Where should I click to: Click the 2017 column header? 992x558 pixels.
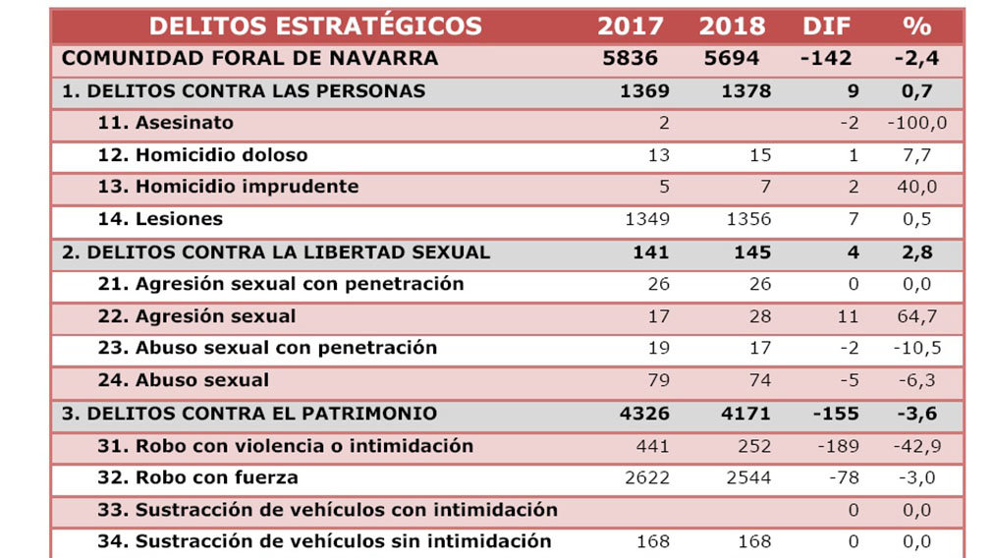click(630, 26)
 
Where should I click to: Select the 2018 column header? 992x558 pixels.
click(732, 26)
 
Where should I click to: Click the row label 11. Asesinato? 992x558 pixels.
click(166, 123)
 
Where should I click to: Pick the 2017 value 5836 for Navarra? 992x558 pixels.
click(630, 58)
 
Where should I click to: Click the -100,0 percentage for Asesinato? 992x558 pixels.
click(916, 123)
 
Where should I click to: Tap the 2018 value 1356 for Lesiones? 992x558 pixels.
click(747, 219)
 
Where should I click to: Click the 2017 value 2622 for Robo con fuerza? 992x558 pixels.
click(647, 478)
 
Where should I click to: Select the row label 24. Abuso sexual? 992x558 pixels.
click(184, 380)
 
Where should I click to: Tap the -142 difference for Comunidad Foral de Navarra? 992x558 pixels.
click(826, 58)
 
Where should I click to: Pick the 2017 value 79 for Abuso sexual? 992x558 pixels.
click(658, 380)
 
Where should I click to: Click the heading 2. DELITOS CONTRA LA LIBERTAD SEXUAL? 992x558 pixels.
click(276, 251)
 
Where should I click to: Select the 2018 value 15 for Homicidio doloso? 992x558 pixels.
click(759, 155)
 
